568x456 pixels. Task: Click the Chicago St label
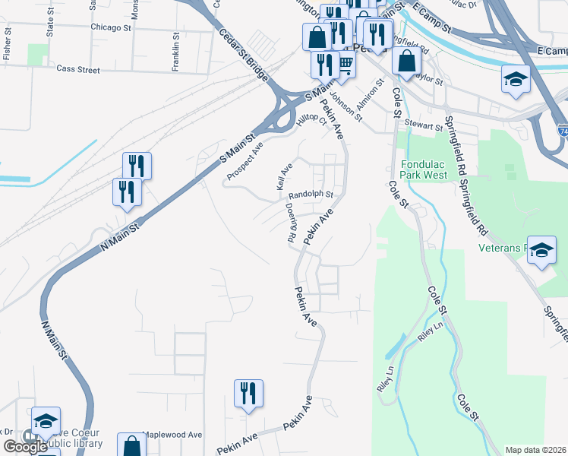tap(110, 27)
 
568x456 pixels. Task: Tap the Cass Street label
tap(78, 69)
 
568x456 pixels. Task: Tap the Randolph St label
tap(311, 195)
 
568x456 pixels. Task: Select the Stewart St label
tap(423, 126)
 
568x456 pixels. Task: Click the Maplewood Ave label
tap(173, 435)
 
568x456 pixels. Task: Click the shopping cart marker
tap(346, 65)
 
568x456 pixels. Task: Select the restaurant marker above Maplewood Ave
tap(248, 394)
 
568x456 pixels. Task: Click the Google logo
tap(25, 447)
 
